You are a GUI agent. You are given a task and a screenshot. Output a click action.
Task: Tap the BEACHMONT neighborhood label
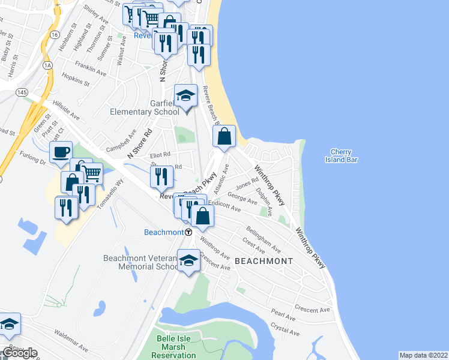tap(264, 261)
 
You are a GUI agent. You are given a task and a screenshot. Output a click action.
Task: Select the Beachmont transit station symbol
tap(188, 232)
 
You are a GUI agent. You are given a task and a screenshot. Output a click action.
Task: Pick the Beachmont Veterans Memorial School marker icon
tap(188, 261)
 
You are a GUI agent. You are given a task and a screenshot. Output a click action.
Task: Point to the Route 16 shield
tap(54, 34)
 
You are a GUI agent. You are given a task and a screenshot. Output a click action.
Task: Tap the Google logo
tap(20, 353)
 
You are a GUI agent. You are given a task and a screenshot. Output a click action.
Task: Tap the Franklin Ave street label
tap(91, 68)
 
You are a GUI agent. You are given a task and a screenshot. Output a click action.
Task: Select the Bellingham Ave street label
tap(262, 239)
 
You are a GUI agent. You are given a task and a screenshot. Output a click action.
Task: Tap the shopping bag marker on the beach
tap(224, 136)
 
